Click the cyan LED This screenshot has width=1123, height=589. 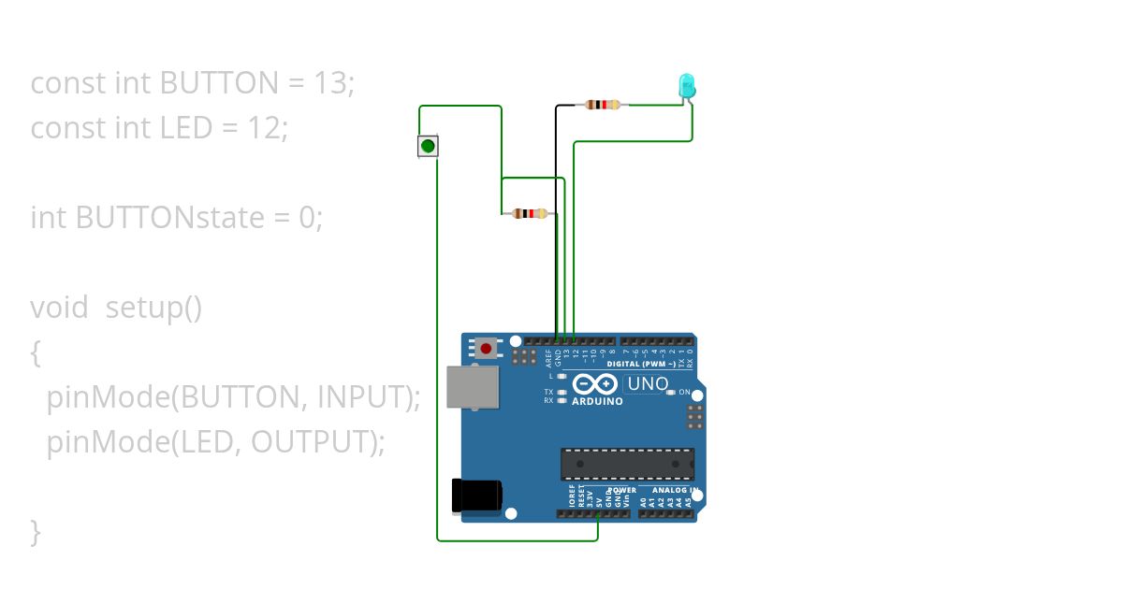point(686,86)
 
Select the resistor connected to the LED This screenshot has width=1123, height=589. point(603,105)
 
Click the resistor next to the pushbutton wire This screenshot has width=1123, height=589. point(530,214)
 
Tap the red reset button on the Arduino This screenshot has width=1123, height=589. point(486,349)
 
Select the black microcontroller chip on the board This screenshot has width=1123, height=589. point(627,464)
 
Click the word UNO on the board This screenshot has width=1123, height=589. point(647,384)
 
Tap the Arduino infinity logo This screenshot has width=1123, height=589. point(595,384)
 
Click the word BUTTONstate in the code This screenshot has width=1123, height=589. point(170,218)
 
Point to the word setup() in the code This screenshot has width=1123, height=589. point(153,308)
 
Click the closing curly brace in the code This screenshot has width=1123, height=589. point(36,531)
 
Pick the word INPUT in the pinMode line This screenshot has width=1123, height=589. point(364,397)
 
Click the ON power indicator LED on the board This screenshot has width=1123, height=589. point(671,393)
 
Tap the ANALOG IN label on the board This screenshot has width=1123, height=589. point(674,490)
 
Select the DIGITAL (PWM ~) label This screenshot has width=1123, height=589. point(641,364)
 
